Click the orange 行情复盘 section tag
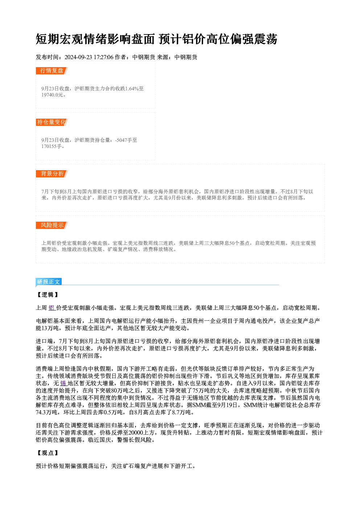(52, 71)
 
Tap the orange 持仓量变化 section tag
(52, 122)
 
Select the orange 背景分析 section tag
(52, 174)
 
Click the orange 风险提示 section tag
(52, 225)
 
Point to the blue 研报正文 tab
(49, 282)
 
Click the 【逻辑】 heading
(48, 295)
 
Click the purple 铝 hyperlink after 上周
(52, 308)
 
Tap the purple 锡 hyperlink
(64, 383)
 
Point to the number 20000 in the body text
(136, 433)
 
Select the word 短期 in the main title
(48, 39)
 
